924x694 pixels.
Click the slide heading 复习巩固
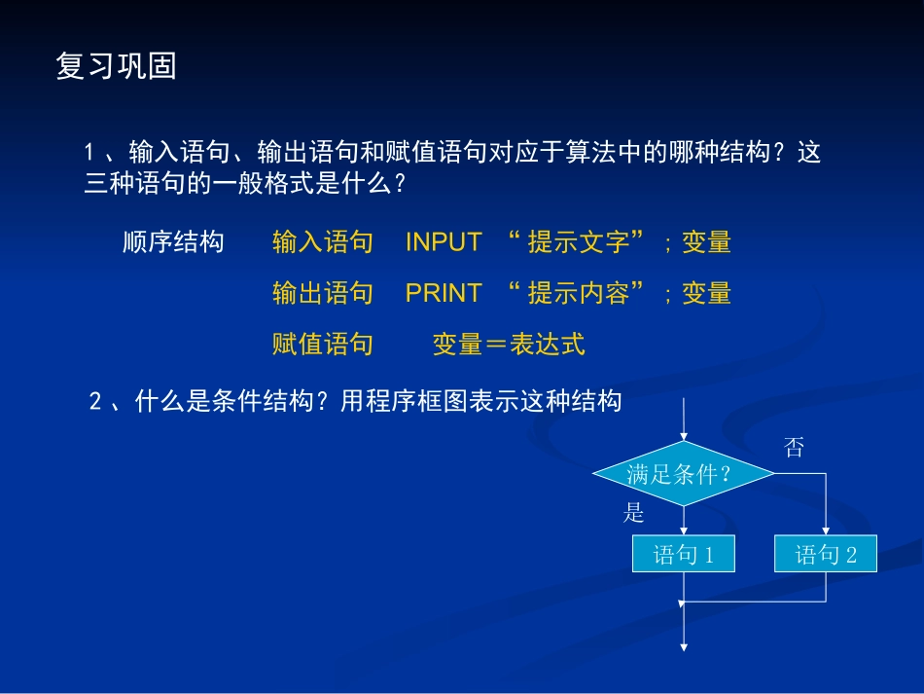click(117, 67)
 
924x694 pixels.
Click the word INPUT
click(444, 242)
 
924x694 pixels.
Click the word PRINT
click(444, 293)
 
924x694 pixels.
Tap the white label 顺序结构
click(173, 242)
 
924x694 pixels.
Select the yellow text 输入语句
click(323, 242)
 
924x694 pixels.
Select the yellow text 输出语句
click(323, 293)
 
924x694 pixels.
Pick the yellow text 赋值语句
click(323, 344)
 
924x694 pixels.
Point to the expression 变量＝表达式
click(509, 344)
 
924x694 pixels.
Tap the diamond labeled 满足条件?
click(684, 474)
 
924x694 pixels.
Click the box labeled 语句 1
click(684, 555)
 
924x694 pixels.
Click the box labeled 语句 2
click(826, 555)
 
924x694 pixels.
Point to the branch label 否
click(795, 448)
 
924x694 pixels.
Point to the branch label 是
click(634, 514)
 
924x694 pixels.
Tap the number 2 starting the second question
click(95, 401)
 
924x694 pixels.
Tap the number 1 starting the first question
click(89, 153)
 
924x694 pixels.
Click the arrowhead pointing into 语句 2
click(826, 530)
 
